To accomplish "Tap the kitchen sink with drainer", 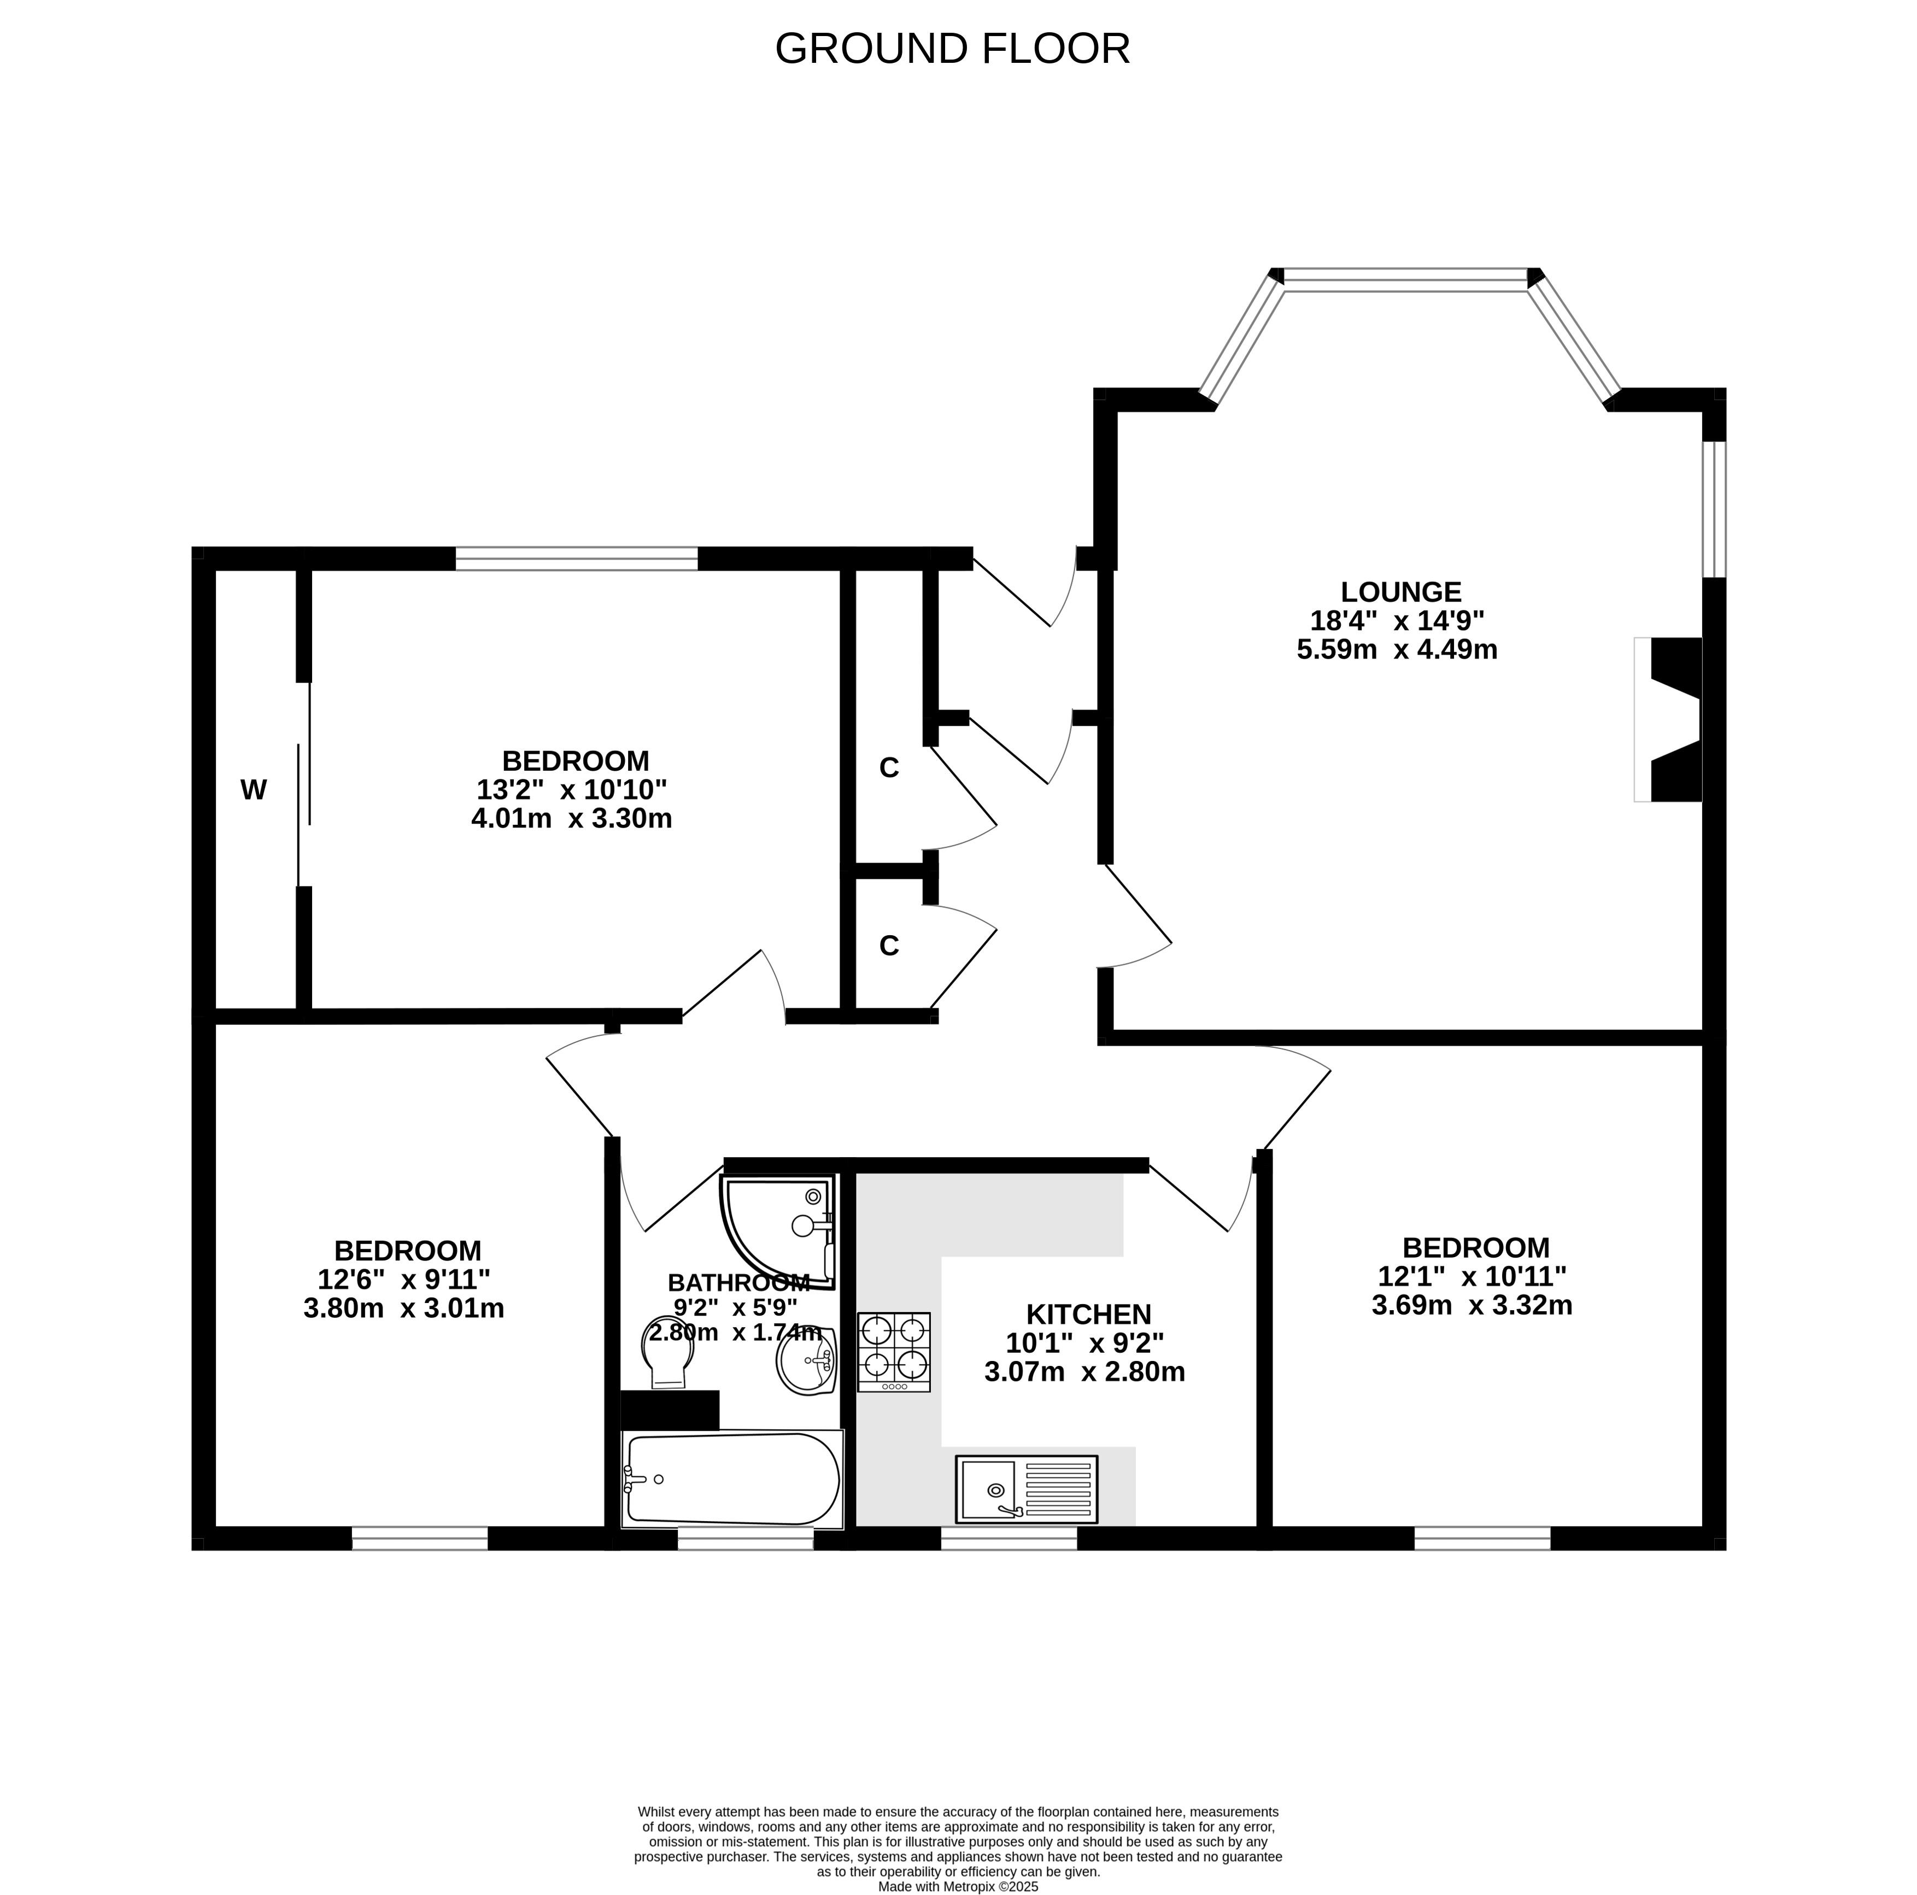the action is click(x=1026, y=1489).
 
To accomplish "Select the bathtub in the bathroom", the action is click(x=732, y=1479).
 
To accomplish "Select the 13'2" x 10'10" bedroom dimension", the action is click(x=572, y=790).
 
